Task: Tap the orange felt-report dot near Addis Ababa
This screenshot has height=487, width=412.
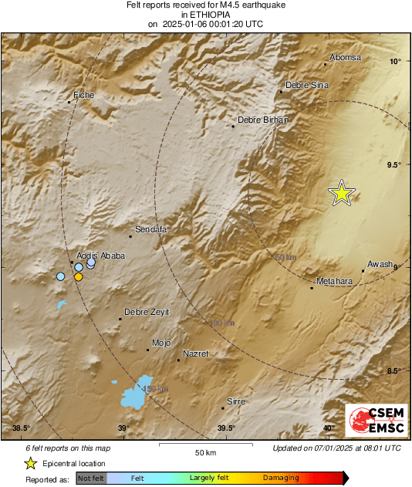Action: click(x=78, y=276)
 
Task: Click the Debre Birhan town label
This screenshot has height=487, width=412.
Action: click(x=262, y=120)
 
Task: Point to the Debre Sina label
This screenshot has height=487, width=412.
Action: click(x=308, y=86)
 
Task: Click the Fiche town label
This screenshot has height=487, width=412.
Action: click(x=83, y=95)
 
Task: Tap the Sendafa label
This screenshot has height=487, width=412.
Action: click(x=151, y=229)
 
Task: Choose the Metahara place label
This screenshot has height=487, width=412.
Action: click(x=335, y=282)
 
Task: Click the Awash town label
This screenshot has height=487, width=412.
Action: click(x=380, y=264)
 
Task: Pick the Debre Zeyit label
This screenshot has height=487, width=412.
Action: click(x=147, y=312)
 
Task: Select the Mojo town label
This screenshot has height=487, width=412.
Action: click(x=161, y=343)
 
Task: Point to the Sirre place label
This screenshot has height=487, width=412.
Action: click(x=235, y=401)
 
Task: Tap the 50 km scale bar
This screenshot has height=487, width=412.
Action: click(x=204, y=445)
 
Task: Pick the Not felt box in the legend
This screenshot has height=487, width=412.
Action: click(x=91, y=479)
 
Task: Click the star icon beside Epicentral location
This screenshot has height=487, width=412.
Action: click(x=30, y=463)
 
